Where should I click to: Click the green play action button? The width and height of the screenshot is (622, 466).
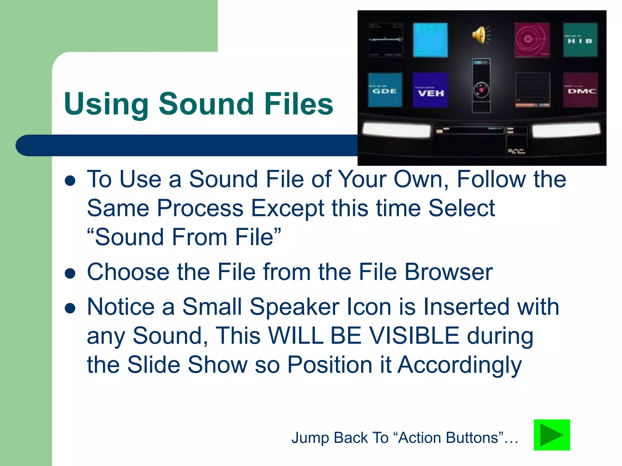(552, 435)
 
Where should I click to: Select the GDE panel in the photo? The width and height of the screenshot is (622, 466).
(385, 90)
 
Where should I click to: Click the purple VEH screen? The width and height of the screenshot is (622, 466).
(430, 90)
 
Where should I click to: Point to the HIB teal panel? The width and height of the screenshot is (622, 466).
(580, 40)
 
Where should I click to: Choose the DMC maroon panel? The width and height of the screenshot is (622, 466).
(580, 90)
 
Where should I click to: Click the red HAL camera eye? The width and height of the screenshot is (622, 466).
(481, 90)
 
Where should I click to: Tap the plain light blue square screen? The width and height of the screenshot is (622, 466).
(430, 40)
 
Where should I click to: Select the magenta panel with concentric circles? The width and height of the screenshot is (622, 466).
(532, 40)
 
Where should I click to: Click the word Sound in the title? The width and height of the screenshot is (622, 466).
(206, 104)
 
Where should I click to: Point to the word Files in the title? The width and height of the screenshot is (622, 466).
(299, 104)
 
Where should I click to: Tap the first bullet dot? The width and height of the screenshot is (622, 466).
(70, 181)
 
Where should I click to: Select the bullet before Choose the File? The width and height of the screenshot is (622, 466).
(70, 273)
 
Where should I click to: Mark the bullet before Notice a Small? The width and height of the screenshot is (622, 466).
(70, 308)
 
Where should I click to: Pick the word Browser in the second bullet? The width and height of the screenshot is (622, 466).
(449, 272)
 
